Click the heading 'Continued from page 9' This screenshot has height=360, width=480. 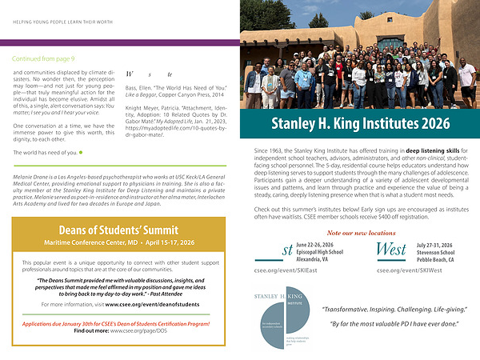click(x=43, y=58)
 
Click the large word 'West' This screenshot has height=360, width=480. click(x=392, y=250)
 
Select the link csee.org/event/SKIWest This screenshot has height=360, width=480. click(x=409, y=270)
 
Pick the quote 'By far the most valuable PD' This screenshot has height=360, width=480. click(x=383, y=324)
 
